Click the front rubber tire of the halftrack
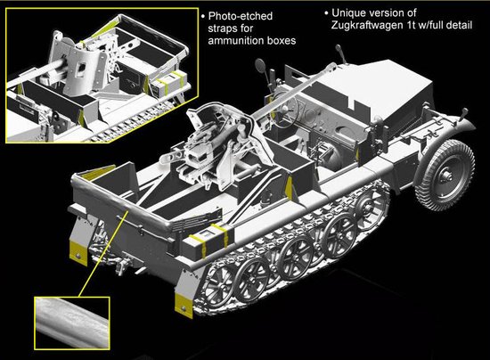(445, 176)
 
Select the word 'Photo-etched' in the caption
(241, 16)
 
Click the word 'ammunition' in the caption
(237, 41)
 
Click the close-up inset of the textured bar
(72, 323)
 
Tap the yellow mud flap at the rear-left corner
(78, 253)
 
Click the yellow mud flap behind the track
(184, 306)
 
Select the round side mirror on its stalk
(261, 65)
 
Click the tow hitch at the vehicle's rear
(122, 263)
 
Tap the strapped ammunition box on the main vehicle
(208, 240)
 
